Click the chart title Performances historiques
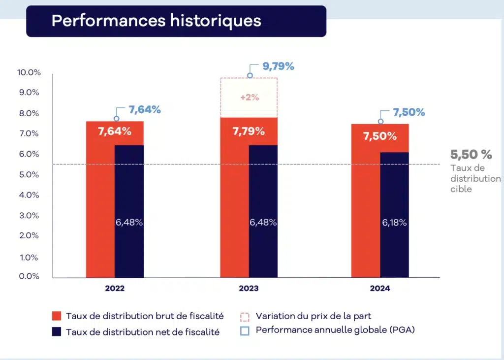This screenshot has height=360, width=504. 156,21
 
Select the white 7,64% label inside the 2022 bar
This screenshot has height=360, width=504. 115,131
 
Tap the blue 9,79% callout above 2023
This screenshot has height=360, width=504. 278,66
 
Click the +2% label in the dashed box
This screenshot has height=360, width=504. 250,97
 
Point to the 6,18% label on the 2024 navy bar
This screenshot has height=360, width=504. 394,223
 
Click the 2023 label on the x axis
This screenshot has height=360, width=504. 248,289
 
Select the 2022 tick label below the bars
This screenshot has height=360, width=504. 115,289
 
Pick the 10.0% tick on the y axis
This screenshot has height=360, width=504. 29,72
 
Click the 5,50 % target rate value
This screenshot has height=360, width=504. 471,155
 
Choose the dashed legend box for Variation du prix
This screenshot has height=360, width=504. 245,316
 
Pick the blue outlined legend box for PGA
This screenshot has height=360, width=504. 245,330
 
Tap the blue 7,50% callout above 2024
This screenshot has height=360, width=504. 409,112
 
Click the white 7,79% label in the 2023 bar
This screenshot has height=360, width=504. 248,131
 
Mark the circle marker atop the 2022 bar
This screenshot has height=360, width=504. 117,119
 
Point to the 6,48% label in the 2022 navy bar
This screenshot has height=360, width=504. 129,223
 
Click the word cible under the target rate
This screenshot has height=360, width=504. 461,189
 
